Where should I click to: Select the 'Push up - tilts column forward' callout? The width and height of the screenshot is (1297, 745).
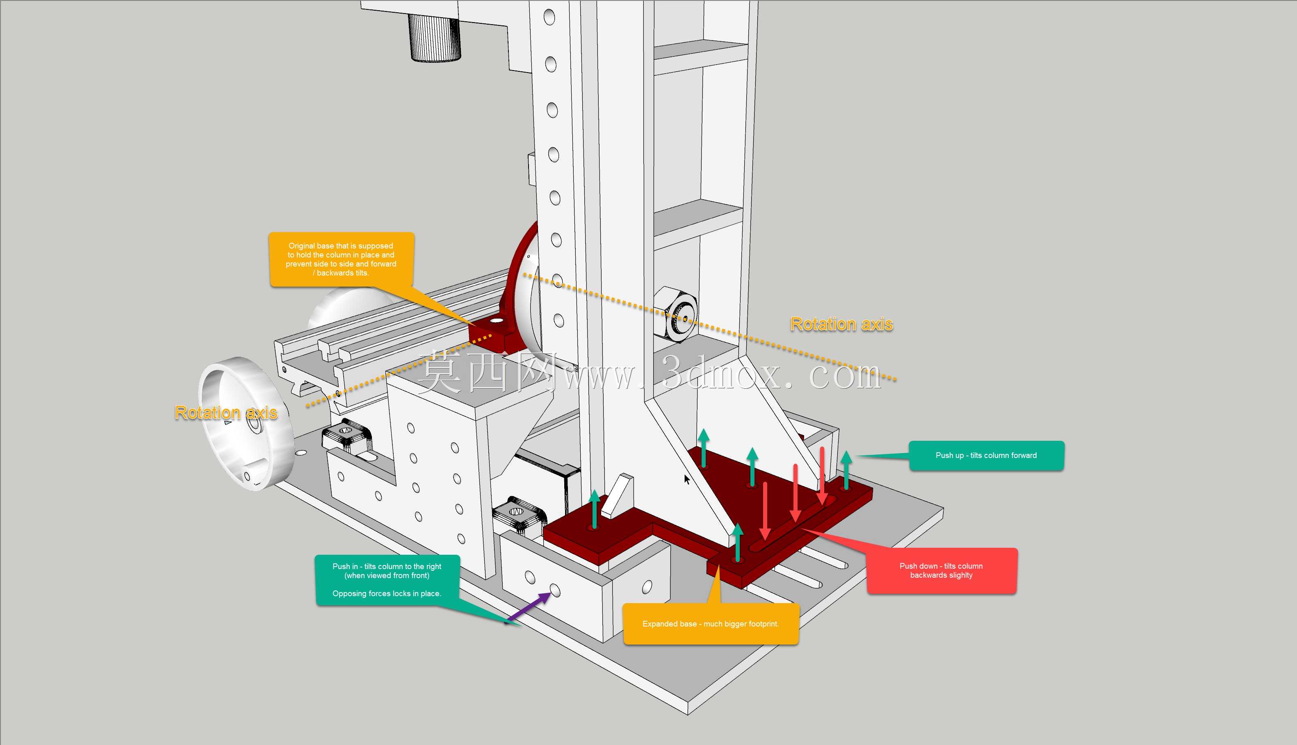coord(986,456)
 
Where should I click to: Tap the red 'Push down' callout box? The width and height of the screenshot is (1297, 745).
coord(941,570)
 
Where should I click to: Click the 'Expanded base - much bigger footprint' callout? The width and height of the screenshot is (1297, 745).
coord(711,624)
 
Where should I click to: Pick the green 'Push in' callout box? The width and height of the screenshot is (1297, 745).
coord(388,580)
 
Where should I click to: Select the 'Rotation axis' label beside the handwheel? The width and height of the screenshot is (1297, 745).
coord(226,412)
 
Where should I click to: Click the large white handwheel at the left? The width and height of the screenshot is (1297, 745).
coord(246,423)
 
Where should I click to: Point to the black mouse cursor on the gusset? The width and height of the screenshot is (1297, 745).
coord(686,479)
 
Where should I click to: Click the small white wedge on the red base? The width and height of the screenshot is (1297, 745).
coord(617,495)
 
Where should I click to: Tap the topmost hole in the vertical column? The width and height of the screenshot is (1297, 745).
coord(549,17)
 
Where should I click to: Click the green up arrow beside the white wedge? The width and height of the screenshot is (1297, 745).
coord(595,509)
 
